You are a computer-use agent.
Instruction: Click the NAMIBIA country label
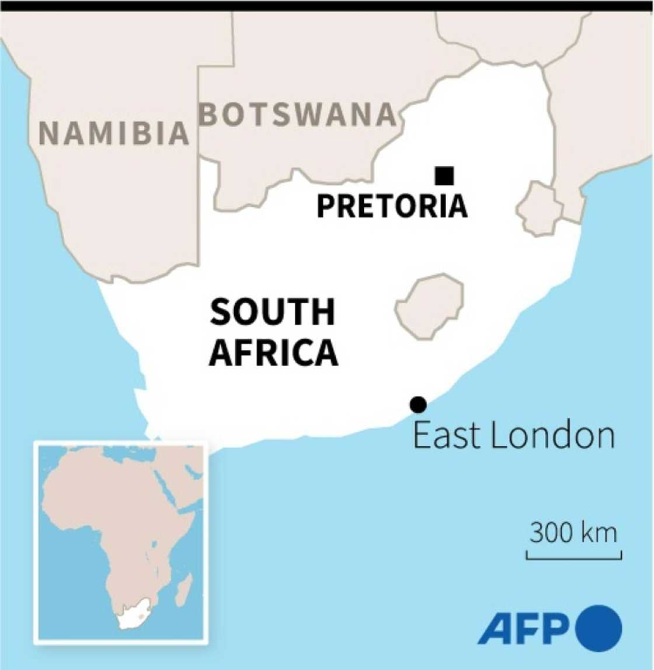(114, 133)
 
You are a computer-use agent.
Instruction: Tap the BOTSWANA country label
(298, 114)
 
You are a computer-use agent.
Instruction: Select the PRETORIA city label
(392, 206)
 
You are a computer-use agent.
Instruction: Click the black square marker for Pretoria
(444, 175)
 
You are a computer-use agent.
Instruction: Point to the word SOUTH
(273, 312)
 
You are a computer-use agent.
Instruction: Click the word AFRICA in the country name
(273, 352)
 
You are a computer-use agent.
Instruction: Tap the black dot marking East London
(418, 404)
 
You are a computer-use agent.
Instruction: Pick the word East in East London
(447, 436)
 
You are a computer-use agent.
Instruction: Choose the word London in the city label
(553, 436)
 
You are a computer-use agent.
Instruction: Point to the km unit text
(600, 533)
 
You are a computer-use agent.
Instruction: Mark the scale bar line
(573, 558)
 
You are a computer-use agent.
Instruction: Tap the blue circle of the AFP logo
(599, 629)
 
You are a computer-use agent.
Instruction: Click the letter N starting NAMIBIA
(48, 134)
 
